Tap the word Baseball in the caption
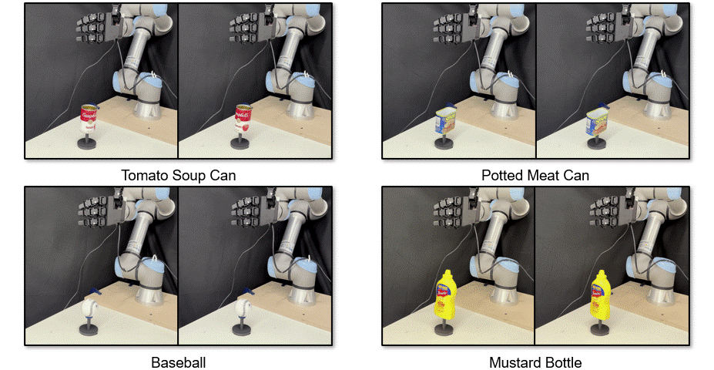pos(179,363)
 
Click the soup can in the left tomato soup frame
pos(89,118)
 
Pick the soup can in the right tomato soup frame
pos(243,118)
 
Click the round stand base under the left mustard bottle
pos(444,330)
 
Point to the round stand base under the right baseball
pos(241,329)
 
